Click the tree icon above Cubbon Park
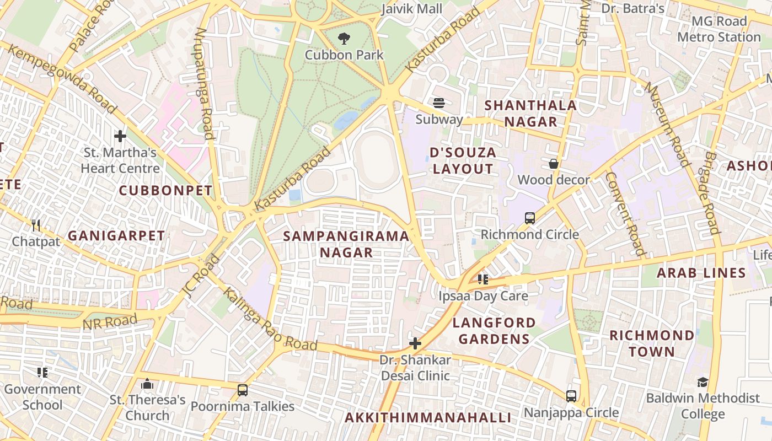[x=344, y=39]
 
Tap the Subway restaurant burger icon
[x=439, y=103]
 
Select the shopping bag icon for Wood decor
[x=554, y=164]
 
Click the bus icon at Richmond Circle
[x=530, y=218]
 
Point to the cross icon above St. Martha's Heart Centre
[x=120, y=136]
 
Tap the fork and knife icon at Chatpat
[x=36, y=225]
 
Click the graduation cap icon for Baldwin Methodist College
[x=703, y=382]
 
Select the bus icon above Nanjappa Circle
[x=571, y=396]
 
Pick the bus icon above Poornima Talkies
[x=242, y=390]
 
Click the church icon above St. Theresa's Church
[x=147, y=384]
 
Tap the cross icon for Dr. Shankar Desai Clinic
[x=415, y=344]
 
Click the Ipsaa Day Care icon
[x=483, y=279]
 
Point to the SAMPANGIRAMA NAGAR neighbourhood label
[x=346, y=244]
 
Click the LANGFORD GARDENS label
[x=494, y=330]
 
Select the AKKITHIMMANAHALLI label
[x=428, y=417]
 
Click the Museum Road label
[x=667, y=125]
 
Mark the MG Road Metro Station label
[x=719, y=29]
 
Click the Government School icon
[x=42, y=373]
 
